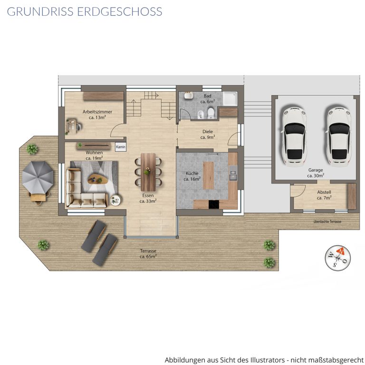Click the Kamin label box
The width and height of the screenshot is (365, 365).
pyautogui.click(x=121, y=147)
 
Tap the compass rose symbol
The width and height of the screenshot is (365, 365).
pyautogui.click(x=338, y=258)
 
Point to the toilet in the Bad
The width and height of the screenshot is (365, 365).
pyautogui.click(x=211, y=113)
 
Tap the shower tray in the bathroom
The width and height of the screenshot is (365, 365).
pyautogui.click(x=230, y=99)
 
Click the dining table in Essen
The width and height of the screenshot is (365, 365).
pyautogui.click(x=148, y=172)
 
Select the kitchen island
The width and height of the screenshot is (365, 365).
pyautogui.click(x=208, y=175)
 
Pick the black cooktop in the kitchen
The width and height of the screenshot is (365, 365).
pyautogui.click(x=214, y=204)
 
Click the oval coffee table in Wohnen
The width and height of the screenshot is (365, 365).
pyautogui.click(x=98, y=179)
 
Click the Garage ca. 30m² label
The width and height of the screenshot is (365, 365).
pyautogui.click(x=316, y=173)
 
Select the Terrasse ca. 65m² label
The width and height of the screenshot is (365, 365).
pyautogui.click(x=148, y=253)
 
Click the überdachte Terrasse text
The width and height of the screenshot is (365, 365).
pyautogui.click(x=327, y=221)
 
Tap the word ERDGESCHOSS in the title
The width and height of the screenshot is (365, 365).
pyautogui.click(x=120, y=11)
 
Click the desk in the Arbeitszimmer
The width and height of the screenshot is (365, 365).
pyautogui.click(x=71, y=127)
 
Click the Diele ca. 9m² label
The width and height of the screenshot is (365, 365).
pyautogui.click(x=208, y=134)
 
